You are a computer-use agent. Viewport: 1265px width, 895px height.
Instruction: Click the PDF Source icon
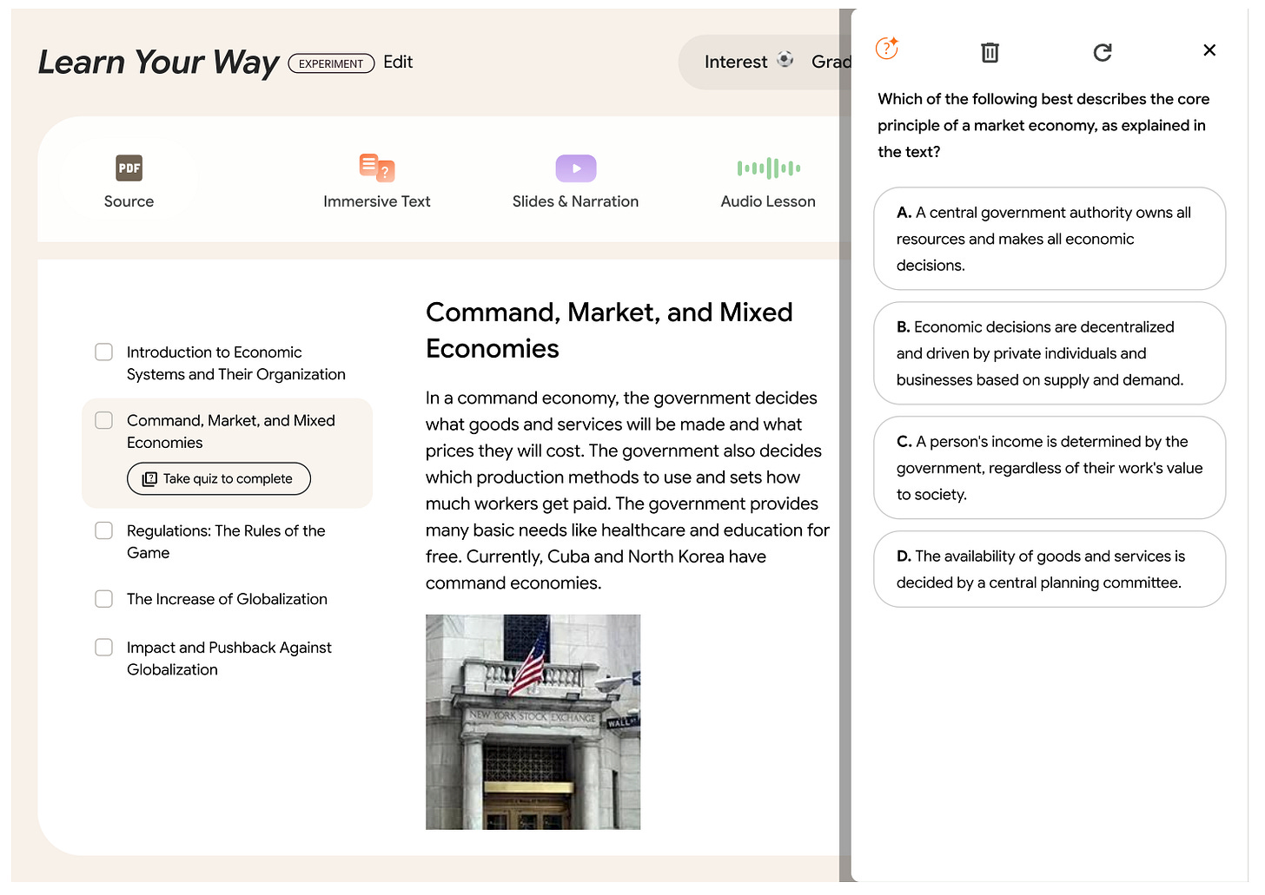129,168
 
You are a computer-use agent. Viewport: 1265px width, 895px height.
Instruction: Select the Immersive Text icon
377,168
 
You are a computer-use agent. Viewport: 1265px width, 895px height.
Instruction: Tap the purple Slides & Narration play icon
575,168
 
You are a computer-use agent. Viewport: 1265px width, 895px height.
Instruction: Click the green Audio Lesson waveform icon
768,168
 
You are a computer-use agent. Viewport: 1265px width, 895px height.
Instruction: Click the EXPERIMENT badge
331,63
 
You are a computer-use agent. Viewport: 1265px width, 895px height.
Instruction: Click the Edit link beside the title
398,62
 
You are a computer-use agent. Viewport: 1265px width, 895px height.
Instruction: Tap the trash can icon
990,52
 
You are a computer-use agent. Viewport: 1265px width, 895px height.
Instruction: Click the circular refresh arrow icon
1102,52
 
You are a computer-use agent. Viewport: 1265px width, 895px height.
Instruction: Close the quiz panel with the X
1209,50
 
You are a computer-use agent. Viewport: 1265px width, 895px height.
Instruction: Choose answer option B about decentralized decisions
1050,353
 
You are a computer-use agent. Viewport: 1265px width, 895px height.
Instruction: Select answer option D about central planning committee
1050,569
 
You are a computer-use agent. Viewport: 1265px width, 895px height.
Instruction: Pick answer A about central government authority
1050,239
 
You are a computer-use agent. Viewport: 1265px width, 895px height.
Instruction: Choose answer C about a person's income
1050,468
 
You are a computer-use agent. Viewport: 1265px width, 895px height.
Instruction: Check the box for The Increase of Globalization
103,599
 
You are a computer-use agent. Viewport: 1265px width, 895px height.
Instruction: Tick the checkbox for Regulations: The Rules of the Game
103,530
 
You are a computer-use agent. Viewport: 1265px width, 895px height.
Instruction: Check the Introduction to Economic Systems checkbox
103,352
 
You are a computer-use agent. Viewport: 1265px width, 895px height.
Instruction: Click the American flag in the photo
528,665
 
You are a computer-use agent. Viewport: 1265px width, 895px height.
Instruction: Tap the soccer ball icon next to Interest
785,59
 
